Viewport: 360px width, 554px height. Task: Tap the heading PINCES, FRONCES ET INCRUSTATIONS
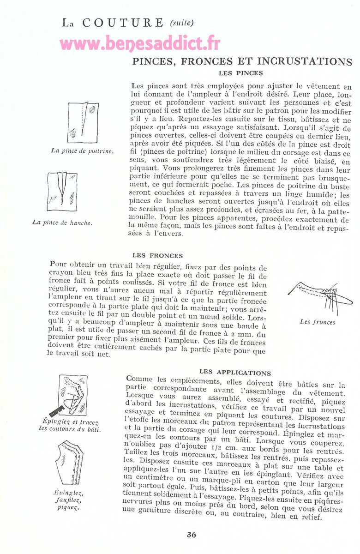[x=242, y=61]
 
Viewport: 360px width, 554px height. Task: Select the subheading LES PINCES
[x=241, y=73]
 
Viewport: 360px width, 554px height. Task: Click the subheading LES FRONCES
[x=157, y=255]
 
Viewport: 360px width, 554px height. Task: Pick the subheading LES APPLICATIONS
[x=235, y=373]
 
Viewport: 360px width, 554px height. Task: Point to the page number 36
[x=192, y=535]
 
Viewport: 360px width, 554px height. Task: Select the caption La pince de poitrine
[x=83, y=151]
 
